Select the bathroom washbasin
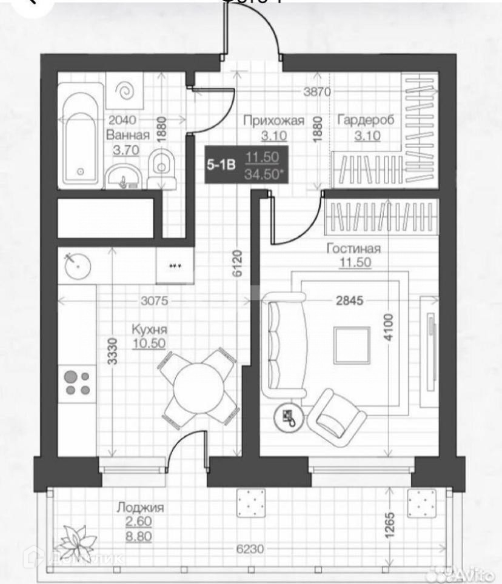coord(125,176)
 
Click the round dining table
coord(196,388)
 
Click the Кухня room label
coord(149,330)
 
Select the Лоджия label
coord(140,508)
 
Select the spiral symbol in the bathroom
coord(125,91)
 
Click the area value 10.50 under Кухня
coord(150,343)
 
